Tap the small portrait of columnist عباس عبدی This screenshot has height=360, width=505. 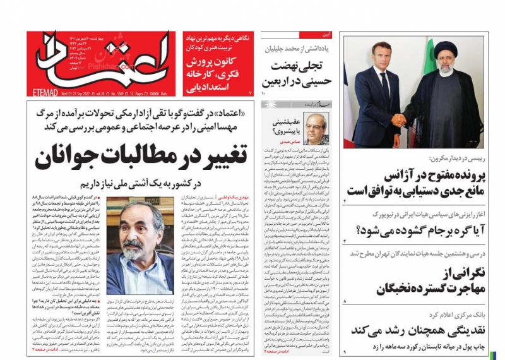(312, 129)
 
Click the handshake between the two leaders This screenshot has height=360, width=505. (400, 120)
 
